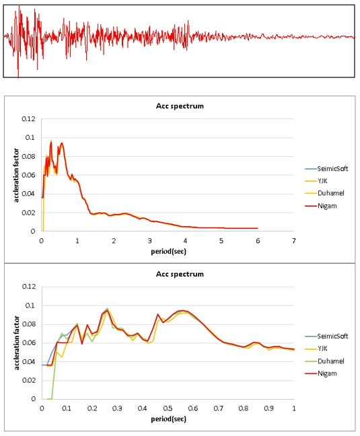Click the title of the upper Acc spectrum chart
180,106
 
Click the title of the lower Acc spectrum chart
180,274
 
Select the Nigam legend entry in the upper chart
321,206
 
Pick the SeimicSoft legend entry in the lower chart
326,336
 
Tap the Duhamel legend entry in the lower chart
324,361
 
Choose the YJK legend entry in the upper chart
316,181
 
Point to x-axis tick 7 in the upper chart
294,241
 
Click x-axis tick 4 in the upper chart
186,241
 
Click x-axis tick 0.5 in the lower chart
168,408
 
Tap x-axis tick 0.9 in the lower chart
268,408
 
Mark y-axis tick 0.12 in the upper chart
29,119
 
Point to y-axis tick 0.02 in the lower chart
29,380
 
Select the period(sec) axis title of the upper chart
168,252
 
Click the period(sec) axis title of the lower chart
168,419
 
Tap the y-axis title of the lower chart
16,343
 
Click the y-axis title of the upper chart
16,175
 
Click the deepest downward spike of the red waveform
18,78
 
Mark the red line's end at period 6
258,228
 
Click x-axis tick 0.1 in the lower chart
67,408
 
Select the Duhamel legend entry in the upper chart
324,193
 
